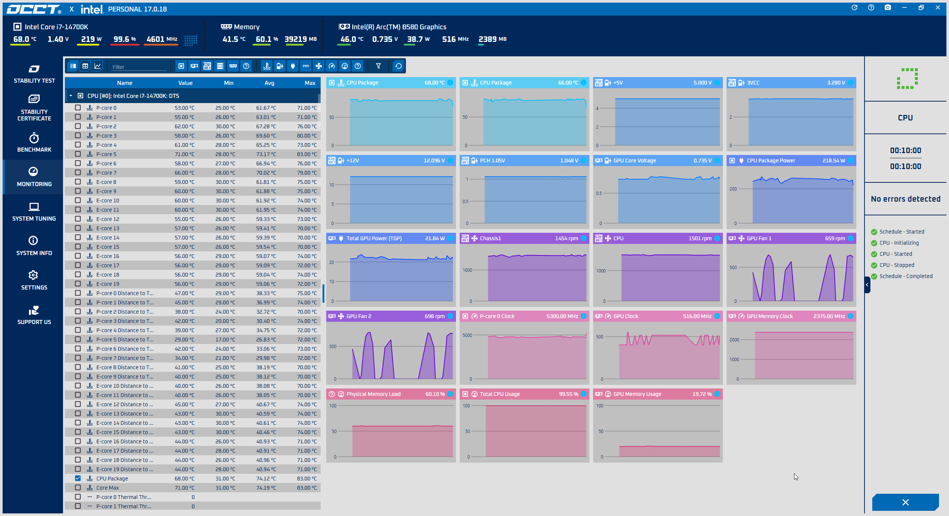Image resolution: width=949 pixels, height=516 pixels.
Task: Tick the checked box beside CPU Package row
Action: coord(78,478)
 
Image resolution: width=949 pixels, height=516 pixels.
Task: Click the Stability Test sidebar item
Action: coord(34,74)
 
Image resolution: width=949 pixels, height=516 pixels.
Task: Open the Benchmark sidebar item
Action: coord(34,143)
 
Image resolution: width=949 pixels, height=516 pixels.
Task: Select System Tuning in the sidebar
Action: coord(34,212)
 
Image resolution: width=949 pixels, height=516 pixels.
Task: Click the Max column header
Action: coord(310,83)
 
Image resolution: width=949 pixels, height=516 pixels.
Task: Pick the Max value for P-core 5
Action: coord(307,154)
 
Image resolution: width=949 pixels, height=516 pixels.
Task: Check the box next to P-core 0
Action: coord(78,107)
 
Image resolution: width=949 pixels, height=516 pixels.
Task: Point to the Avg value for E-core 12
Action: coord(266,219)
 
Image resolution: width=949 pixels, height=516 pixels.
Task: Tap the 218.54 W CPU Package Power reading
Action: coord(834,161)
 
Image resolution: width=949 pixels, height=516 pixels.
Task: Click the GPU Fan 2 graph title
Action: coord(359,316)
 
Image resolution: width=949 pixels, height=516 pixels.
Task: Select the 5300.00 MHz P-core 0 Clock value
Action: coord(562,316)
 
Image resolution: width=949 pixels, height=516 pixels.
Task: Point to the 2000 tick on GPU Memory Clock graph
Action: coord(734,340)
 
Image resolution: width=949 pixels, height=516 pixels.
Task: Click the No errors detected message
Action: coord(906,199)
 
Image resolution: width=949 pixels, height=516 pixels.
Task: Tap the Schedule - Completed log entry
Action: coord(906,276)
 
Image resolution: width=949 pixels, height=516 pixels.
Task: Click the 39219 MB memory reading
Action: coord(301,39)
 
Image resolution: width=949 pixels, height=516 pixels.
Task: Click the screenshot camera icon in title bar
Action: coord(888,7)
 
